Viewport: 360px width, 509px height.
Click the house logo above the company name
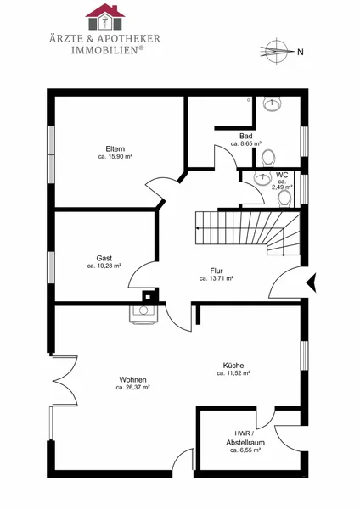[105, 17]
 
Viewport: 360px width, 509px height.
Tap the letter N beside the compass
[301, 52]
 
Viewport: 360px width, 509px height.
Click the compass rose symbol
[276, 51]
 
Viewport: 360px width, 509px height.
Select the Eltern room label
[115, 149]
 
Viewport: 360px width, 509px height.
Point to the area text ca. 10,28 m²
[104, 266]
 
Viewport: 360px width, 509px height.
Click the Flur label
[217, 271]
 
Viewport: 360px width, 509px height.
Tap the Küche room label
[233, 366]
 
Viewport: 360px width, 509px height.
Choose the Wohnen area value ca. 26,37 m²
[132, 388]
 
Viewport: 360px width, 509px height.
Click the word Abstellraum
[245, 443]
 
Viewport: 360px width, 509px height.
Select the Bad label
[246, 136]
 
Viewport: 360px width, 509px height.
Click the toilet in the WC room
[284, 199]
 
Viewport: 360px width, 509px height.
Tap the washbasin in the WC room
[262, 178]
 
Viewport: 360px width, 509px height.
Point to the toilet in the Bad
[268, 158]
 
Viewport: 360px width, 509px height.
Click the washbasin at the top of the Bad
[272, 104]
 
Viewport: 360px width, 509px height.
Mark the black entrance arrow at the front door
[312, 283]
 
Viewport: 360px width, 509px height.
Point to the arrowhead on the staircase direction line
[198, 228]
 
